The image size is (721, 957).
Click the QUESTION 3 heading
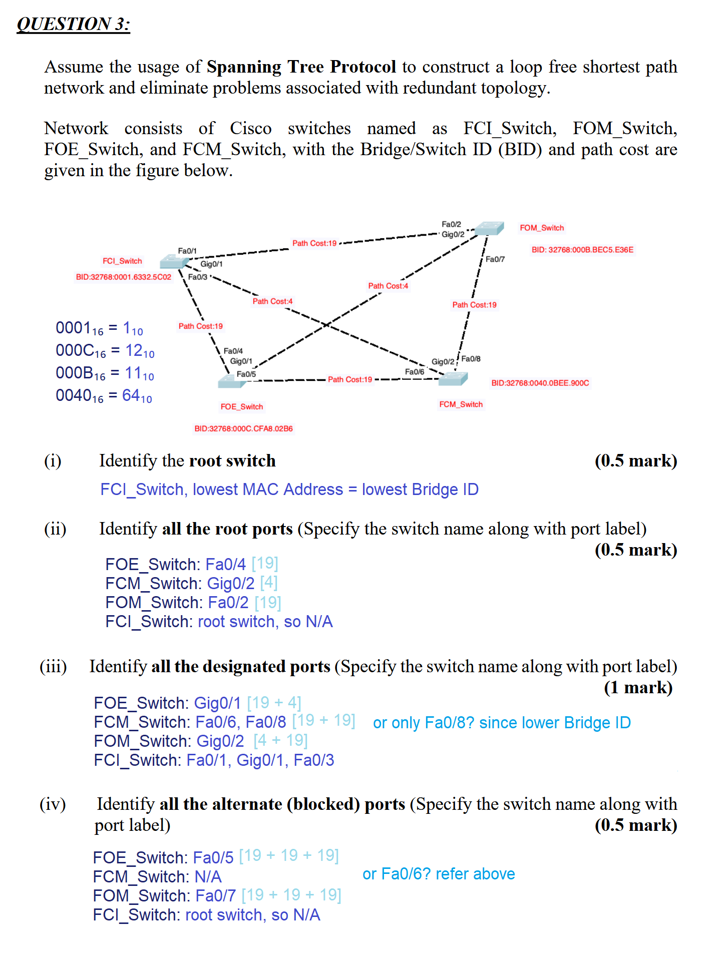click(x=73, y=24)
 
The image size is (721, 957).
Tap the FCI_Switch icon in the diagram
click(x=174, y=261)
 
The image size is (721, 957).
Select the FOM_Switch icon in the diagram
click(x=489, y=228)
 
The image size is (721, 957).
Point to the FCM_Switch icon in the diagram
click(x=453, y=379)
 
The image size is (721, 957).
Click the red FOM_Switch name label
click(x=542, y=228)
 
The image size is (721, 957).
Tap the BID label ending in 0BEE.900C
click(x=540, y=383)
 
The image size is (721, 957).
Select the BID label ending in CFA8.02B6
click(x=243, y=428)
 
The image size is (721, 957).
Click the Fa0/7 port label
click(x=495, y=259)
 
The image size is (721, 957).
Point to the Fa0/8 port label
click(x=471, y=359)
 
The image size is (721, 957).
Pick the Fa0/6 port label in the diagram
click(x=415, y=371)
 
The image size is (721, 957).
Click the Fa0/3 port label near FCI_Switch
click(x=197, y=277)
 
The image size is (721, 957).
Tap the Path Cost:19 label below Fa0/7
click(x=474, y=305)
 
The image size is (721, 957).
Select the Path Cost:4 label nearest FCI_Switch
click(x=272, y=301)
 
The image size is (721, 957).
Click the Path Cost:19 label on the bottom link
click(x=350, y=379)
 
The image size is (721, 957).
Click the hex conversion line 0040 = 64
click(x=104, y=396)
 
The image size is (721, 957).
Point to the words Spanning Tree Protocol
click(x=301, y=67)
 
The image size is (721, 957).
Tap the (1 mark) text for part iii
click(x=638, y=688)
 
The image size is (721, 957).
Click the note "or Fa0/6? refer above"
click(x=439, y=874)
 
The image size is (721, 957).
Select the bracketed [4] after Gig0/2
click(x=269, y=583)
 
